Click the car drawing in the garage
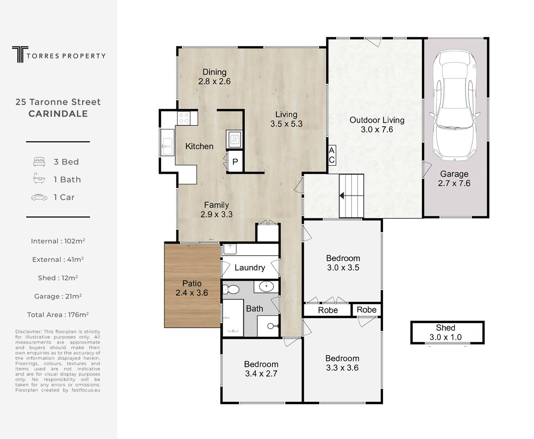pos(455,105)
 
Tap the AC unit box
pos(332,155)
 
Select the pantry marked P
pos(235,162)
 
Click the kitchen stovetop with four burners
pos(184,118)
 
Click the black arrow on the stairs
pos(342,196)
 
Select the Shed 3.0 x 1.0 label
pos(446,332)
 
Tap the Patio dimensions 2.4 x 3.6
pos(192,293)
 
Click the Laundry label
pos(250,268)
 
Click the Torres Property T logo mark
pos(20,54)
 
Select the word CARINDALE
pos(58,114)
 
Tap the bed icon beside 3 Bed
pos(39,162)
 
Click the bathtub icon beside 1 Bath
pos(39,178)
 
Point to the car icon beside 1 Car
pos(39,197)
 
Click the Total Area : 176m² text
pos(58,315)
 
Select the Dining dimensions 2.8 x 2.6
pos(214,81)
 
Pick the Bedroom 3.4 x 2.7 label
pos(261,369)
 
